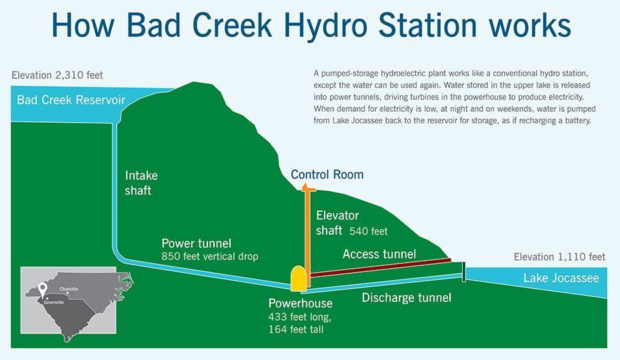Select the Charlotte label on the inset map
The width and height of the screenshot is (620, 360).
[x=69, y=289]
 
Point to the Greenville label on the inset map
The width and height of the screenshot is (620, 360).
[x=54, y=302]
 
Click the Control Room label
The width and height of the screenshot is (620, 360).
[x=327, y=175]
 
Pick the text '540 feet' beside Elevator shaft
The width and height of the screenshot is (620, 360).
[x=369, y=231]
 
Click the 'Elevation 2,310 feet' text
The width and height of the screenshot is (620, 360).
[x=57, y=75]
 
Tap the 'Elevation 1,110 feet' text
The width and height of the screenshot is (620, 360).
[x=559, y=257]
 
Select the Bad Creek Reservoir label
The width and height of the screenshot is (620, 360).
[x=71, y=100]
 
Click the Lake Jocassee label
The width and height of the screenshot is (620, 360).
[x=561, y=278]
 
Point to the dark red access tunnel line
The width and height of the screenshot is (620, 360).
[x=381, y=267]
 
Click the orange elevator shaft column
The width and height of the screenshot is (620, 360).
[x=307, y=235]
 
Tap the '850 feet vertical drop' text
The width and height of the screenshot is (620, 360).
[x=209, y=257]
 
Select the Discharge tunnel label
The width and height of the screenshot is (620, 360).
[x=407, y=297]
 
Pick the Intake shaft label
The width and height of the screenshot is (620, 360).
[x=141, y=183]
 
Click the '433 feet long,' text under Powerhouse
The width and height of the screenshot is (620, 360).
[x=300, y=317]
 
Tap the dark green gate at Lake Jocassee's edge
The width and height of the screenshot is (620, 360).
[x=464, y=272]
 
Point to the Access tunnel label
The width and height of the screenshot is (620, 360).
[x=379, y=254]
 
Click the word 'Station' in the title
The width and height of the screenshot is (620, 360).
[x=428, y=25]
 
